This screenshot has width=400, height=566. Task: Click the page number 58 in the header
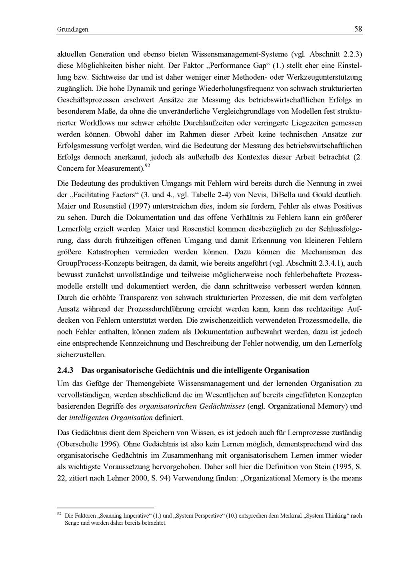pos(358,29)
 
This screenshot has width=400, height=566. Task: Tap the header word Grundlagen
pos(72,30)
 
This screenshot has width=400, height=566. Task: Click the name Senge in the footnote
pos(73,523)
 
